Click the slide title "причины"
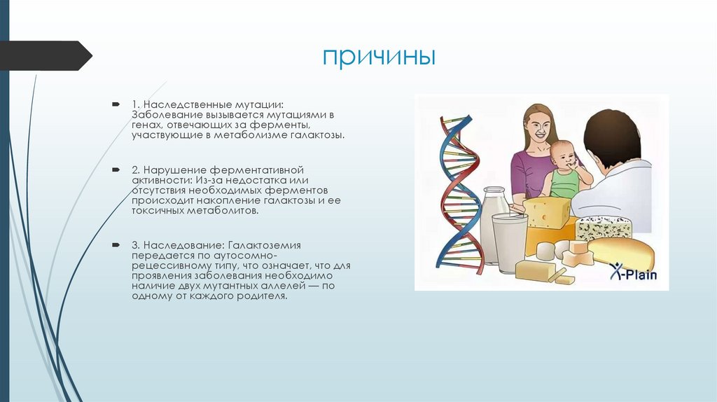point(379,57)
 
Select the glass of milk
point(509,242)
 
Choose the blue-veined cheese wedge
point(603,227)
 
